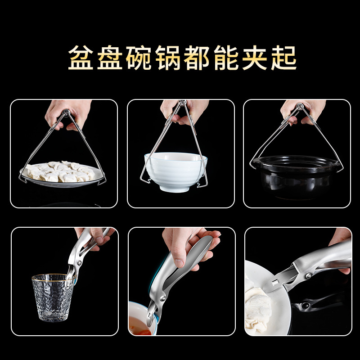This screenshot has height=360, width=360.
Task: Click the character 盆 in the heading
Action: (81, 58)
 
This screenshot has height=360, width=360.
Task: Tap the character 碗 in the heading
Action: (139, 58)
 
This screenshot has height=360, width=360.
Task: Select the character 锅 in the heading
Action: (168, 58)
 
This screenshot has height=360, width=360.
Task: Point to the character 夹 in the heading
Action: (255, 58)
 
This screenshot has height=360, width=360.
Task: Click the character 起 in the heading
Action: (284, 58)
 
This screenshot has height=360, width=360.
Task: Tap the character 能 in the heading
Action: (226, 58)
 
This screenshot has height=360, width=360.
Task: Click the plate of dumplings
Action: (62, 174)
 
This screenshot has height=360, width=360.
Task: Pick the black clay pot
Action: (296, 176)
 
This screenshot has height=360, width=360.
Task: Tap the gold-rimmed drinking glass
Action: (53, 297)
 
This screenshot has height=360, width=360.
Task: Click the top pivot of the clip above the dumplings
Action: (66, 113)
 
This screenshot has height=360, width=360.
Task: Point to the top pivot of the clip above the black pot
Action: (299, 106)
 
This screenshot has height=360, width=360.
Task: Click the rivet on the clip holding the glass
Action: (79, 263)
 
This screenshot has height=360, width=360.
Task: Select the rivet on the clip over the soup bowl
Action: (163, 299)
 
